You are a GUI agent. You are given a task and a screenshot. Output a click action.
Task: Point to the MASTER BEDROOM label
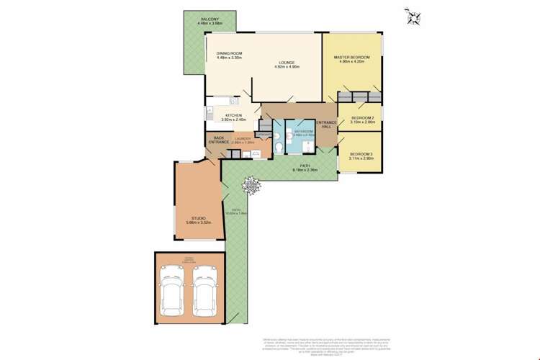tap(352, 58)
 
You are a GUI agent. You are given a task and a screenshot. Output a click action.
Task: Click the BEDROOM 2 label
tap(362, 118)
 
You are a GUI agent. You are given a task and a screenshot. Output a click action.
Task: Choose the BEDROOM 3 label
tap(361, 154)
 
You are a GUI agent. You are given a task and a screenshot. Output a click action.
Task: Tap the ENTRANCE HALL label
tap(326, 125)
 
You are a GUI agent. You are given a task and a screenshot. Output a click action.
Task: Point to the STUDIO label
tap(198, 217)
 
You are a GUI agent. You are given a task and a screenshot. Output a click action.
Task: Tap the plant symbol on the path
tap(251, 186)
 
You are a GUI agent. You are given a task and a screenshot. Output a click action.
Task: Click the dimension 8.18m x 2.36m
tap(305, 171)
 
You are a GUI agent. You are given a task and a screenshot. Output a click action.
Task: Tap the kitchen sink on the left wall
tap(208, 114)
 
